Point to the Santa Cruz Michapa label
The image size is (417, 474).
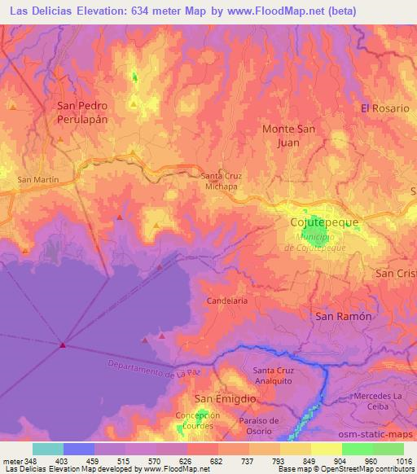click(x=219, y=180)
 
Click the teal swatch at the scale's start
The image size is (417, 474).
click(x=48, y=449)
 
